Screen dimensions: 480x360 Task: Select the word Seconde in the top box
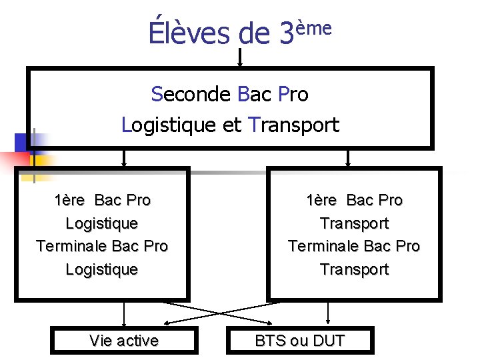191,95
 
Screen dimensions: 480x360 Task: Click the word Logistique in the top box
169,125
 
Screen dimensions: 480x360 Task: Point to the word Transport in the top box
293,125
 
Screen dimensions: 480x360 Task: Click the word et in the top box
232,125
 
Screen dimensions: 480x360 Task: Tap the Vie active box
124,341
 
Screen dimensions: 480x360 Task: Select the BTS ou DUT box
300,341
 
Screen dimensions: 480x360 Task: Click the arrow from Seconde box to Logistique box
123,157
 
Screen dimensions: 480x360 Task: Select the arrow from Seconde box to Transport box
347,157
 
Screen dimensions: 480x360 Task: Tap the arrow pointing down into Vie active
123,313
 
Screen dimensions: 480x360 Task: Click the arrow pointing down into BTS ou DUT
327,313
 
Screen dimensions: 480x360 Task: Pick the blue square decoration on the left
23,143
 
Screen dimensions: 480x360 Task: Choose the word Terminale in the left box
71,246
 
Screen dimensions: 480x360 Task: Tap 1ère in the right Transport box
322,200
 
